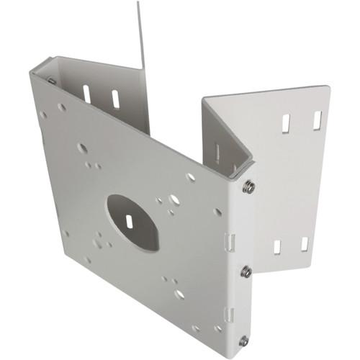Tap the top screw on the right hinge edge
[x=248, y=187]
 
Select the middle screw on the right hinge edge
[x=246, y=271]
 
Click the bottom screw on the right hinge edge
[x=244, y=341]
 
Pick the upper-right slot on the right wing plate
[x=316, y=120]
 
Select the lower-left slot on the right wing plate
[x=277, y=246]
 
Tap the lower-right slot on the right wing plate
[x=305, y=243]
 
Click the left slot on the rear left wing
[x=86, y=94]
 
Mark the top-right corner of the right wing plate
[x=329, y=88]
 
